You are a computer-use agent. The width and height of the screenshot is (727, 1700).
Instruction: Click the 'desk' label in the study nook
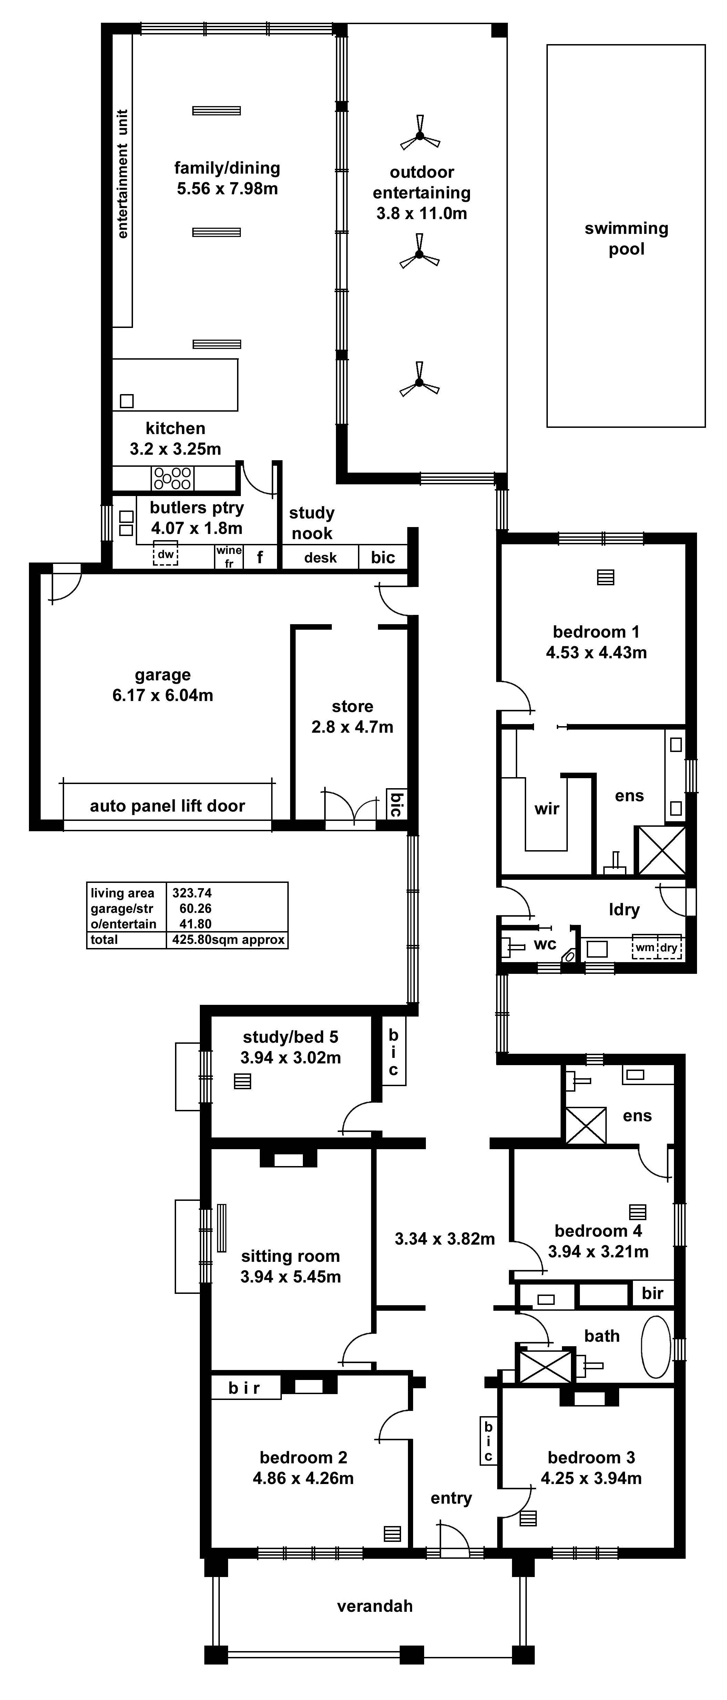(320, 558)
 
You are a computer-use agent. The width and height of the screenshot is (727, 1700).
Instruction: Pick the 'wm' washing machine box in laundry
(644, 948)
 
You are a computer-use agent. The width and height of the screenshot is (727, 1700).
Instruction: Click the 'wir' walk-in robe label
(547, 808)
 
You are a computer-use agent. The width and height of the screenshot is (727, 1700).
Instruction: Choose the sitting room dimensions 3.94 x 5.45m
(290, 1276)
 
